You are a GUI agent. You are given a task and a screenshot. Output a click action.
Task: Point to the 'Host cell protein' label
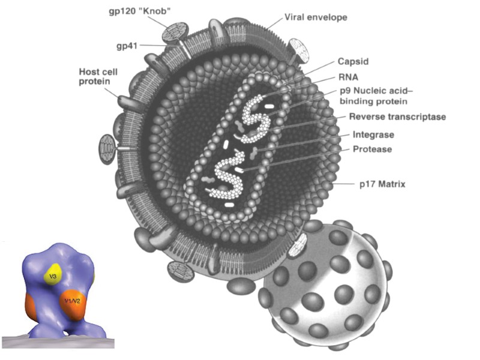pyautogui.click(x=98, y=76)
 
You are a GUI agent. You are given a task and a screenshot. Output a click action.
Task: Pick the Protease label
pyautogui.click(x=373, y=149)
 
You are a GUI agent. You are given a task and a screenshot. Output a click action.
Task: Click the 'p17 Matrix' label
pyautogui.click(x=382, y=184)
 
